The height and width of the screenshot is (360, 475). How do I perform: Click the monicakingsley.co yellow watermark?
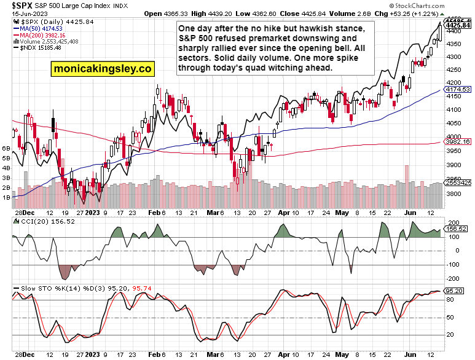coord(103,69)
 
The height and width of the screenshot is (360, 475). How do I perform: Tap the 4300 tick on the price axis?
coord(455,57)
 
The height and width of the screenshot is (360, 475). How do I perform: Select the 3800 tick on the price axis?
coord(455,193)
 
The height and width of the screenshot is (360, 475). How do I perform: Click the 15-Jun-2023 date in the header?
coord(24,14)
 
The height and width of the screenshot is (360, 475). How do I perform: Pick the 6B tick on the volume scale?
coord(7,149)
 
